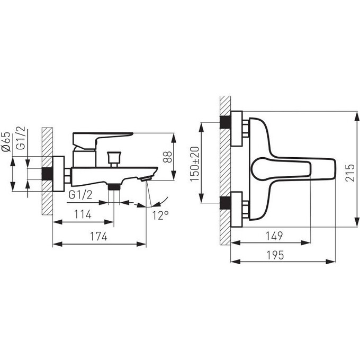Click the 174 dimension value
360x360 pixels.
tap(98, 236)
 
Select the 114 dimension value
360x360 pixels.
tap(83, 214)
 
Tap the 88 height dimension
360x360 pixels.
tap(168, 157)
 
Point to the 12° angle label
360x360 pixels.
tap(160, 215)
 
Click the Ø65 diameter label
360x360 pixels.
tap(6, 142)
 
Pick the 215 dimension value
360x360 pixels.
tap(350, 173)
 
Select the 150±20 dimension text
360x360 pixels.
tap(195, 164)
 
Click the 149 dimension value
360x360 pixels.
tap(274, 236)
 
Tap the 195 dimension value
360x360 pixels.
tap(275, 255)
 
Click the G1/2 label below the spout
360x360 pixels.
tap(80, 195)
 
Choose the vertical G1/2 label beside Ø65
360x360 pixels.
tap(21, 138)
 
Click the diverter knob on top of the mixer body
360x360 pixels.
tap(114, 159)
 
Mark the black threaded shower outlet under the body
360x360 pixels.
tap(114, 187)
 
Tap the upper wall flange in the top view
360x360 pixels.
tap(237, 129)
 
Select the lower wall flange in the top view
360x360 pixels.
tap(237, 210)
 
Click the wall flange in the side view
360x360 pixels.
tap(59, 174)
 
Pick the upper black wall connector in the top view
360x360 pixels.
tap(225, 122)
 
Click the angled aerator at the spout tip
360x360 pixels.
tap(147, 178)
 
